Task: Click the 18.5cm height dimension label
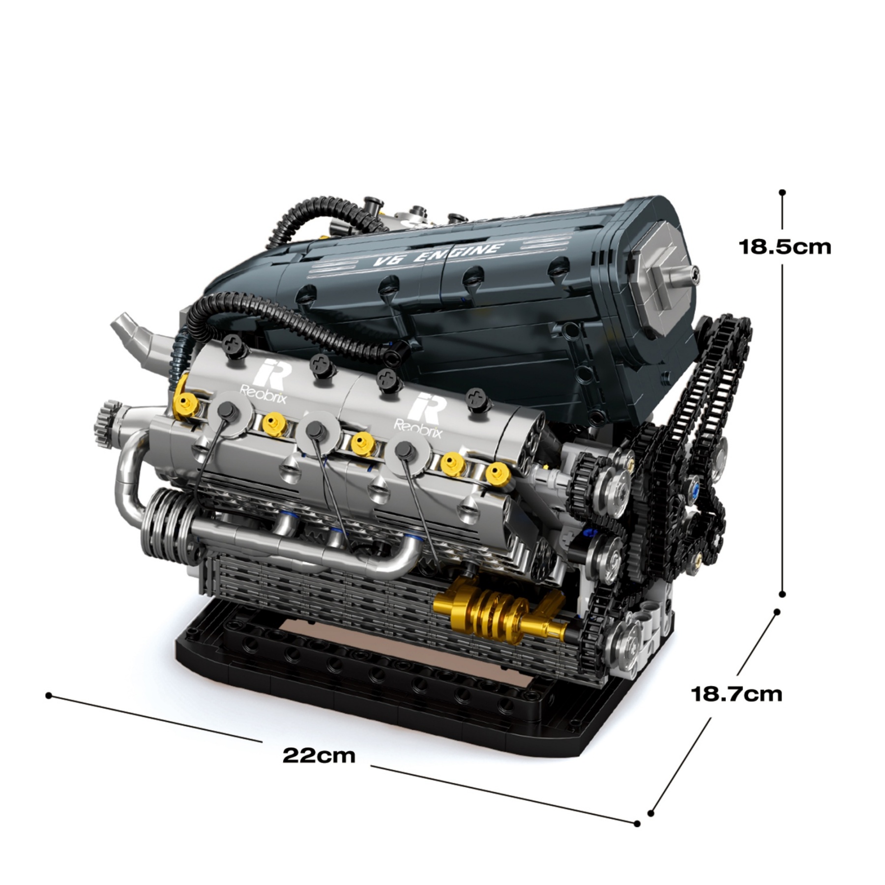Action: [785, 247]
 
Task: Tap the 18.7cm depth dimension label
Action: [736, 694]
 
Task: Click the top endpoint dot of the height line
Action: [782, 192]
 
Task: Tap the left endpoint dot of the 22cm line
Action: [49, 695]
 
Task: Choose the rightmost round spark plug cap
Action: [405, 449]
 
